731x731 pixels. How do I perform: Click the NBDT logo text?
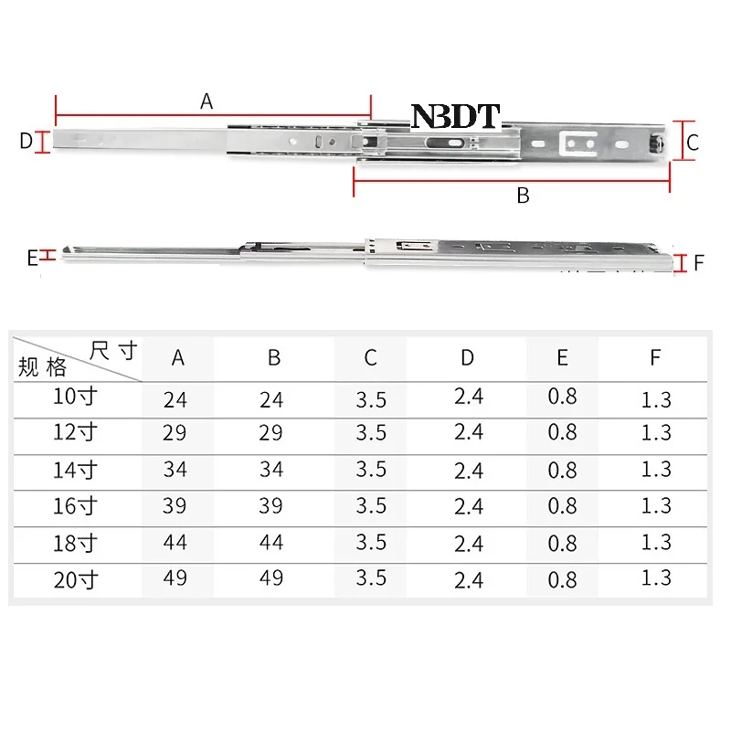coord(455,116)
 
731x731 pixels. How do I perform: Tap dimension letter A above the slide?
coord(207,101)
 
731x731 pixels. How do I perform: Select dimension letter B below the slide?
coord(523,196)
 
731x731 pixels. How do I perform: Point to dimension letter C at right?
coord(693,143)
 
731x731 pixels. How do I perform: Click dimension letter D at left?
coord(26,141)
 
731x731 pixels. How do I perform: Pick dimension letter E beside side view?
coord(32,259)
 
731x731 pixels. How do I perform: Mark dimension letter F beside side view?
coord(698,263)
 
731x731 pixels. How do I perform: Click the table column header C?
coord(371,358)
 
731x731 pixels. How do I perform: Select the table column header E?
coord(562,357)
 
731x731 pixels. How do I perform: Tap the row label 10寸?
coord(75,397)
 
